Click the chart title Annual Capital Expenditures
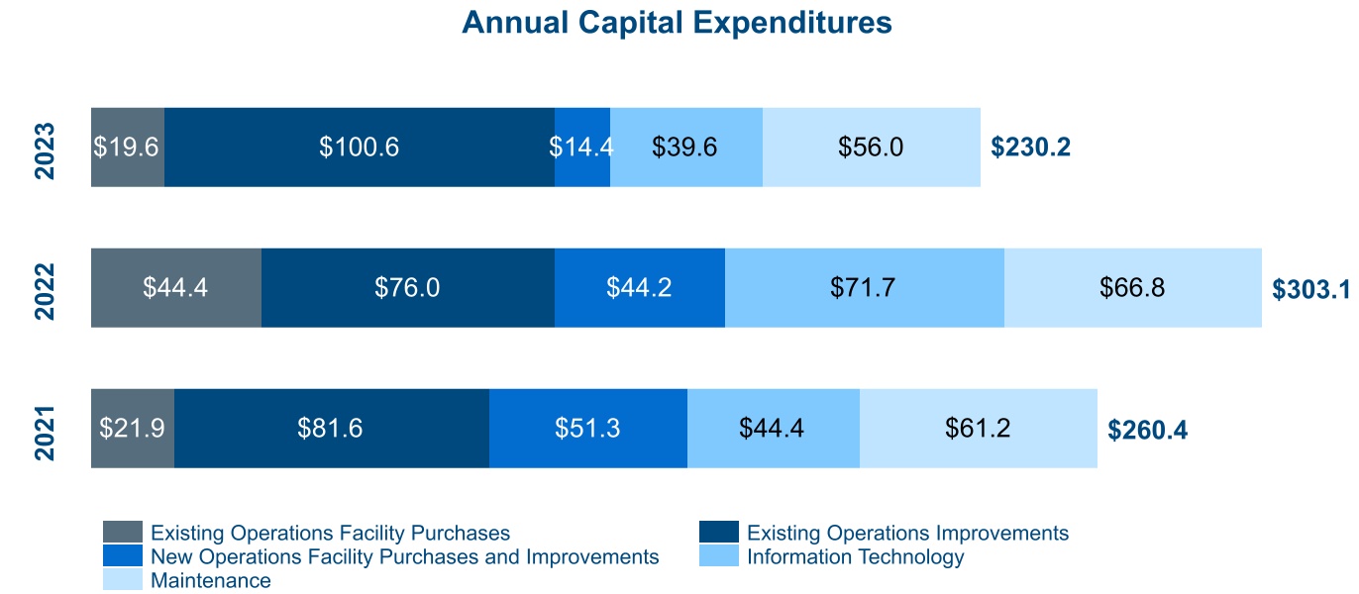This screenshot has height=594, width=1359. click(677, 23)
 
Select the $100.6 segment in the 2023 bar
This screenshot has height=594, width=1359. click(359, 148)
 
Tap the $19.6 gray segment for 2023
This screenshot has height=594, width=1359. click(128, 148)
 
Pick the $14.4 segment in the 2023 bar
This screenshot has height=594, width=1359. click(582, 148)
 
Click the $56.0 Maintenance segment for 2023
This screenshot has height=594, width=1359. click(871, 148)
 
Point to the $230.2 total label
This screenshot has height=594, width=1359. click(1030, 148)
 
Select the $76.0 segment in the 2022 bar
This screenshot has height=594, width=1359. click(407, 288)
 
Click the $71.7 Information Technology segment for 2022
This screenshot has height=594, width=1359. click(865, 288)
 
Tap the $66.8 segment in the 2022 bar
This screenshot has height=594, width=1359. click(1132, 288)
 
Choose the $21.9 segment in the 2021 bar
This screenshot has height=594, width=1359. click(133, 429)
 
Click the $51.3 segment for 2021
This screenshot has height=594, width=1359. click(588, 429)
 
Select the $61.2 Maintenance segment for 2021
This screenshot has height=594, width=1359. click(978, 429)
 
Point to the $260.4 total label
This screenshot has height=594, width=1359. click(1147, 430)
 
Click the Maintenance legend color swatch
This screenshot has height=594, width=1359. click(122, 580)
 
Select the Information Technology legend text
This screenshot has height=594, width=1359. click(855, 556)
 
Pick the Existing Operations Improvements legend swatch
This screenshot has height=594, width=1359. click(718, 533)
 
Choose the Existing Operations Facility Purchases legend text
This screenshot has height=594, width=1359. click(330, 533)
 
